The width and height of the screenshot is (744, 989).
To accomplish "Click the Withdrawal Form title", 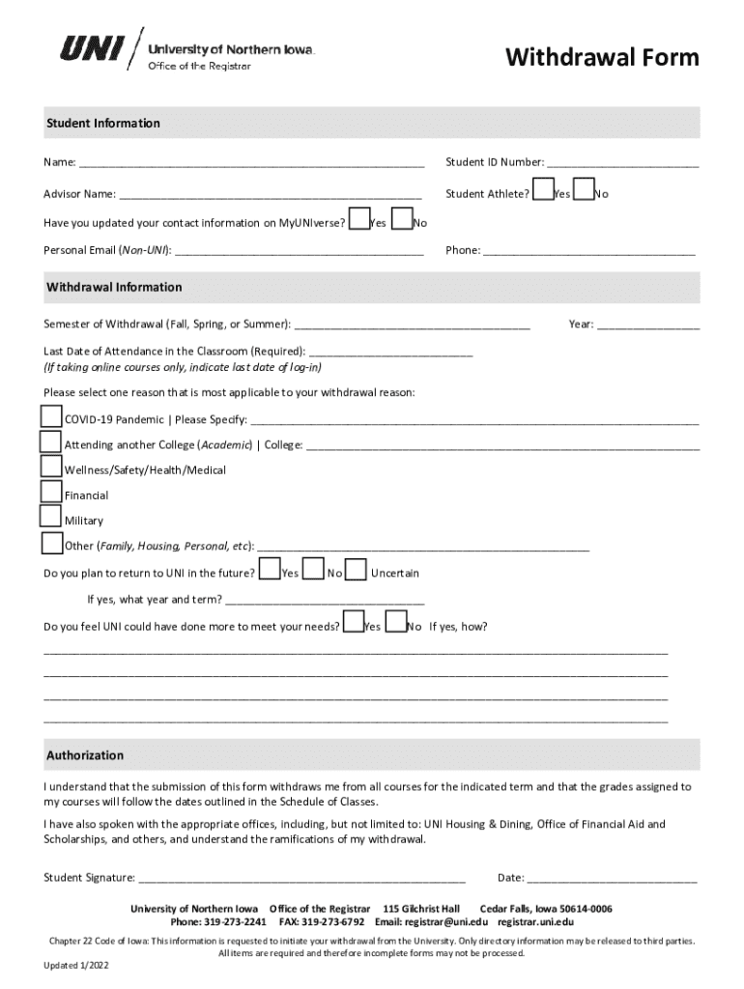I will (602, 58).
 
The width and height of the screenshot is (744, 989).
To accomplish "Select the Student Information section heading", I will (103, 124).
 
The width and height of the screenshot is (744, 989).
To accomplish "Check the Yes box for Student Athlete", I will (544, 189).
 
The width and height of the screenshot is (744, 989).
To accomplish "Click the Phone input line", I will (588, 251).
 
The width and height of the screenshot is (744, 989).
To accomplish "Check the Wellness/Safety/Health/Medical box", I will (51, 466).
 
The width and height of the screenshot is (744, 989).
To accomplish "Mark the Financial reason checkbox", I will (51, 492).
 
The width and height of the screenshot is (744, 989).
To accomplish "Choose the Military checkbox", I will (51, 517).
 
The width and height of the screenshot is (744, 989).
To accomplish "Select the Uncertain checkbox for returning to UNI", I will (357, 570).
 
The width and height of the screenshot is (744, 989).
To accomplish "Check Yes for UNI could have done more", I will (354, 622).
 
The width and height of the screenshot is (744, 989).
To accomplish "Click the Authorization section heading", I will (85, 755).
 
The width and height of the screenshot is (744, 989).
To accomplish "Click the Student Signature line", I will (301, 879).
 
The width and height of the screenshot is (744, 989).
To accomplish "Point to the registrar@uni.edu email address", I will (452, 922).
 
